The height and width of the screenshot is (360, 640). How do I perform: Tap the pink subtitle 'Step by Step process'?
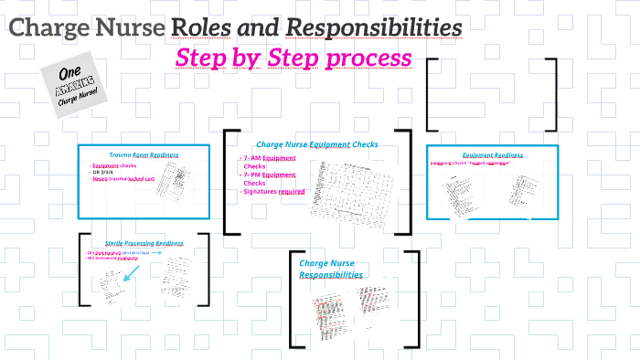293,58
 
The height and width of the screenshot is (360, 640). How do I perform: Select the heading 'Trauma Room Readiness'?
144,155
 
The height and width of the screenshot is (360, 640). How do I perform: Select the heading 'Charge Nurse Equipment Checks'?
316,143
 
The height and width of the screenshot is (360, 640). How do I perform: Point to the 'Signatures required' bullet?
273,192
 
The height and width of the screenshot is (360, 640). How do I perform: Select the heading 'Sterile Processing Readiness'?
144,244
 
